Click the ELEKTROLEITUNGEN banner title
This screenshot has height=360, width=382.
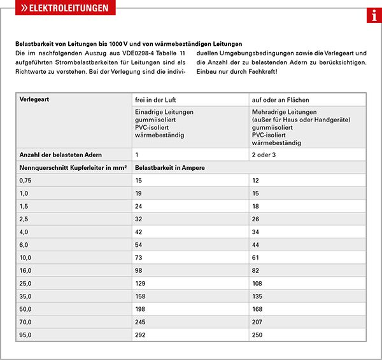click(x=64, y=8)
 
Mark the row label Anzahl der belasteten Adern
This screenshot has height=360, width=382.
click(x=60, y=155)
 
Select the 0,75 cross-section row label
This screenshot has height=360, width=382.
click(x=27, y=181)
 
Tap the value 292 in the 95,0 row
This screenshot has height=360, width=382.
click(x=141, y=334)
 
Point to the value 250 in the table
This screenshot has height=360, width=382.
click(x=258, y=334)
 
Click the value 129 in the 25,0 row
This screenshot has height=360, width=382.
click(x=141, y=283)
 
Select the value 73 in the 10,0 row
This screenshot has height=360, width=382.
click(x=139, y=258)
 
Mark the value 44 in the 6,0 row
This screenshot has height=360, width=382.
click(x=256, y=245)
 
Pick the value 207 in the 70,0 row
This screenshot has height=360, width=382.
click(x=258, y=321)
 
